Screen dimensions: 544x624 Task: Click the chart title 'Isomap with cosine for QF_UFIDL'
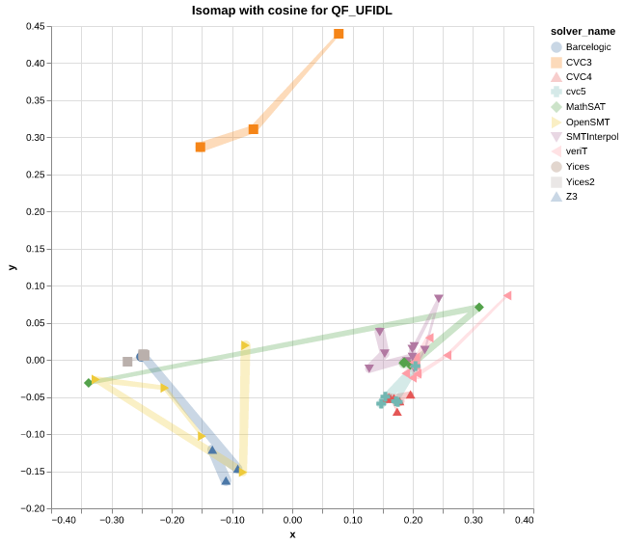pyautogui.click(x=291, y=10)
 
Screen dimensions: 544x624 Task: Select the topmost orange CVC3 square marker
pyautogui.click(x=339, y=34)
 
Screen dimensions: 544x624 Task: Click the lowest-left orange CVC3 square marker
pyautogui.click(x=201, y=147)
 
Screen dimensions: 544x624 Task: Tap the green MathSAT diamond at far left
pyautogui.click(x=88, y=383)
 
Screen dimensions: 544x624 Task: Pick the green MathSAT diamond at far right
pyautogui.click(x=478, y=308)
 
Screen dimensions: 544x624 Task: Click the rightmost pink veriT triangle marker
pyautogui.click(x=507, y=295)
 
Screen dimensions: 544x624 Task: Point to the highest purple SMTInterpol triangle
pyautogui.click(x=439, y=299)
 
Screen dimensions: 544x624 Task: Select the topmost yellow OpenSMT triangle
pyautogui.click(x=246, y=345)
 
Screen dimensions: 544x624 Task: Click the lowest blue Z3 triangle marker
pyautogui.click(x=226, y=480)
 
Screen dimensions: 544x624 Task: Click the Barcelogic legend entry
pyautogui.click(x=587, y=46)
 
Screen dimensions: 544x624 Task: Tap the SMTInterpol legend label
pyautogui.click(x=591, y=136)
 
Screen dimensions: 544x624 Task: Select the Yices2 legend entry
pyautogui.click(x=580, y=181)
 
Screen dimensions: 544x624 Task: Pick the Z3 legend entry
pyautogui.click(x=571, y=196)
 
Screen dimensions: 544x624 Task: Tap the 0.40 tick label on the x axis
pyautogui.click(x=524, y=521)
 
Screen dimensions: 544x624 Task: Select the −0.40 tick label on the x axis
pyautogui.click(x=64, y=521)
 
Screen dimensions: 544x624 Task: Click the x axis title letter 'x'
pyautogui.click(x=292, y=534)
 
